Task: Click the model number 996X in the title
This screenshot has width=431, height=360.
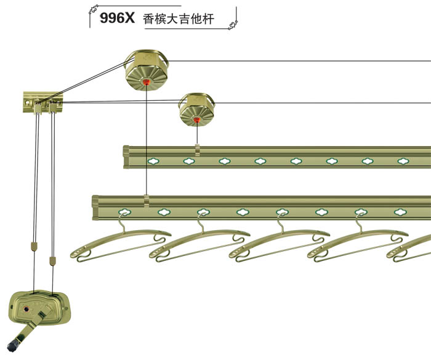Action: pos(116,19)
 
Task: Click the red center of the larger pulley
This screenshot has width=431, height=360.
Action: pos(147,81)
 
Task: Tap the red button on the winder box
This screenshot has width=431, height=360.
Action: pos(28,306)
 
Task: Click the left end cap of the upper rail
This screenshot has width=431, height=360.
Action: pos(126,157)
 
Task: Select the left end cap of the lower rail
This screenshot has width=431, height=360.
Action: pos(96,207)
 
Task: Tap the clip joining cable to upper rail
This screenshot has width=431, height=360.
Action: pos(196,150)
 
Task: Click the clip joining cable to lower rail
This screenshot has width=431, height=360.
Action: pos(146,200)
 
